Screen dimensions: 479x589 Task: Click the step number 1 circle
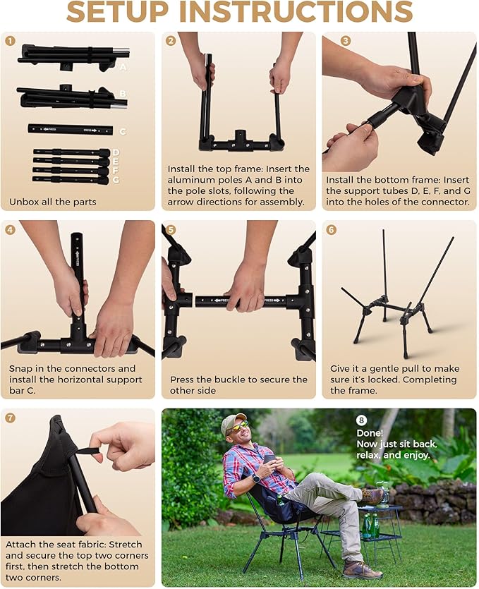10,41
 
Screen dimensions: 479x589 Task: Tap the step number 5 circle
171,229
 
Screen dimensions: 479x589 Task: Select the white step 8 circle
361,420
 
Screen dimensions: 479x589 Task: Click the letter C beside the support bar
123,132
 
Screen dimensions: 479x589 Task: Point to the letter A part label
123,67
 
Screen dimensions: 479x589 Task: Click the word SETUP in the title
117,11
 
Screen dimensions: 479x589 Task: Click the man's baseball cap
234,422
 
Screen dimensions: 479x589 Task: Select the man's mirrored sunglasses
239,427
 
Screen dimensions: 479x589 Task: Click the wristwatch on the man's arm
256,478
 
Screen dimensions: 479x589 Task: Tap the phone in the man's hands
268,460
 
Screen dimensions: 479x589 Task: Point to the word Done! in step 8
370,433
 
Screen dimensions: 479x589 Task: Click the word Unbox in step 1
24,202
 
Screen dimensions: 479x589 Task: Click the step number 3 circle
345,41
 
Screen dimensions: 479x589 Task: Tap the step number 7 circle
10,418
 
